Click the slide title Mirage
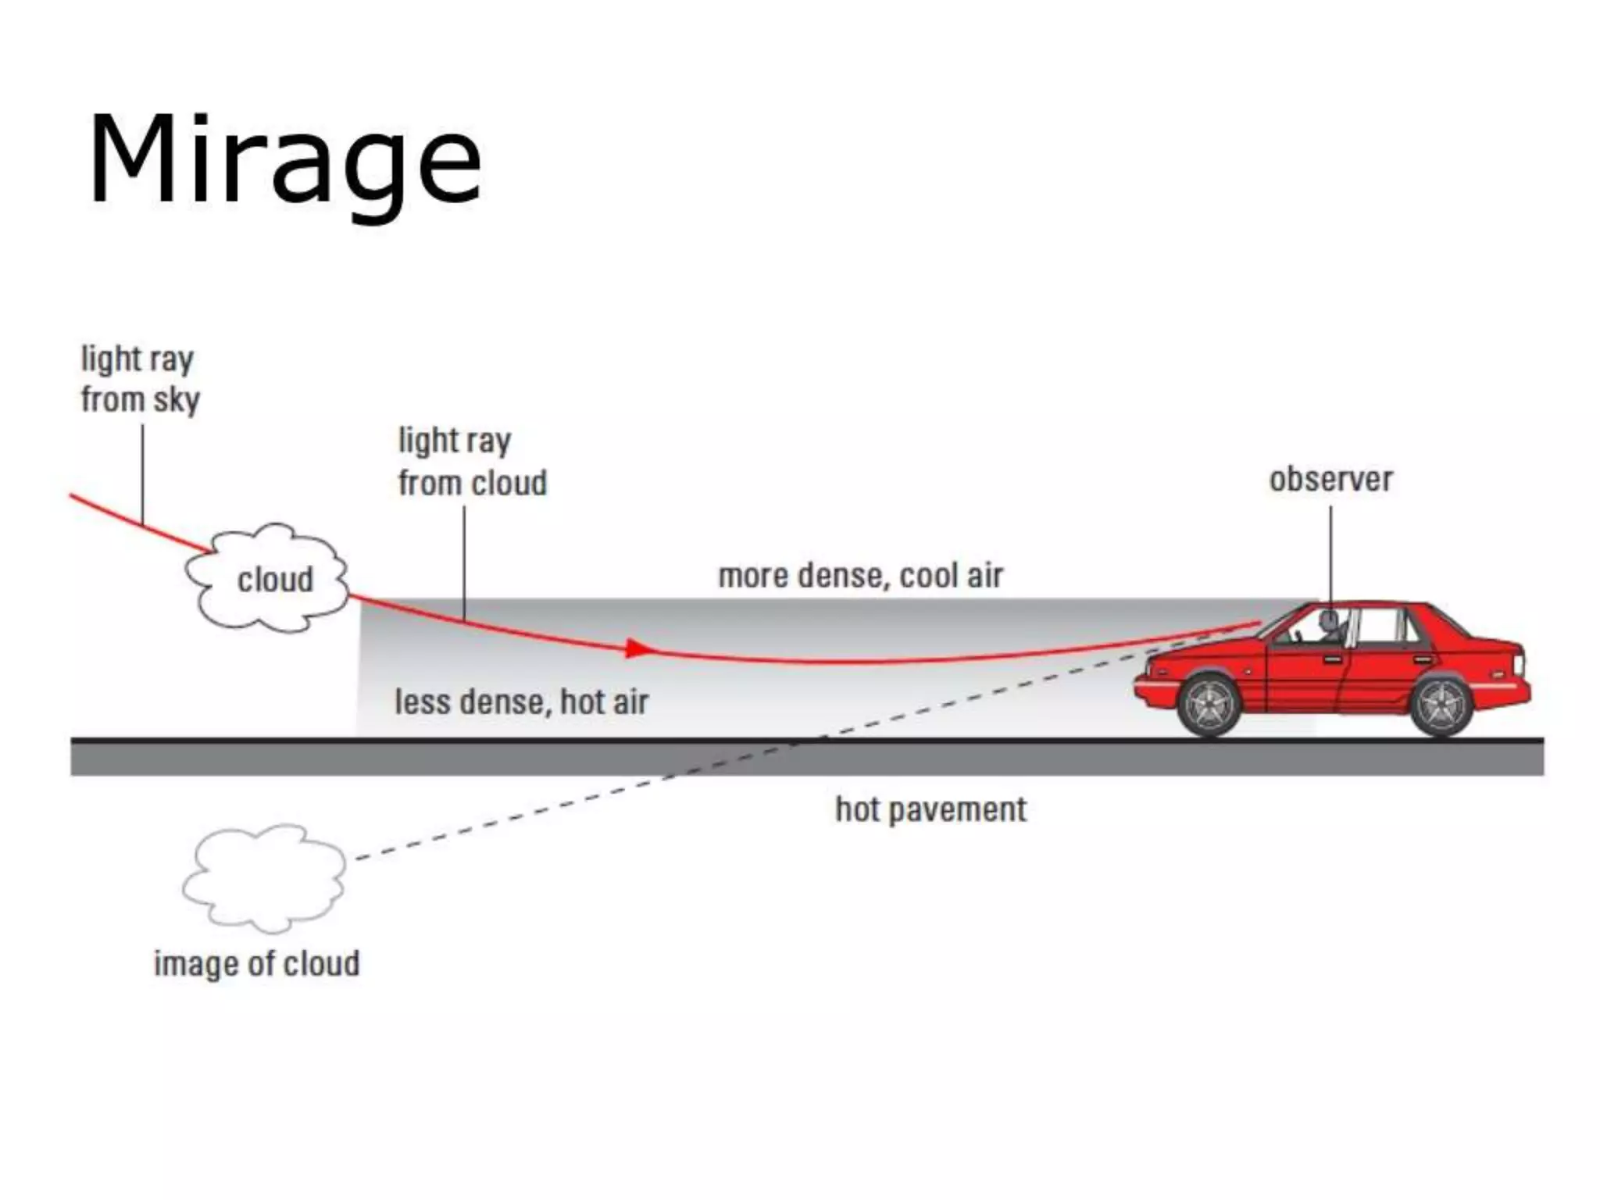pos(284,161)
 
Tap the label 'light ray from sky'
pos(140,380)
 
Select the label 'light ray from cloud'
pos(472,462)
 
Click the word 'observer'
pos(1330,479)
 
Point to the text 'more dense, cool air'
pos(860,576)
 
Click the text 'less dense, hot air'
pos(521,702)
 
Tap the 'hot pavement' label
pos(930,809)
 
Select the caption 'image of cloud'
pos(256,963)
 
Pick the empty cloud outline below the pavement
pos(264,878)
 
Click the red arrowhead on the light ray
pos(638,648)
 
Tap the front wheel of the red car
pos(1209,705)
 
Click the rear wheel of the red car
pos(1441,705)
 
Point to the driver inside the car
pos(1325,625)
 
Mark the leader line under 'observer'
pos(1330,555)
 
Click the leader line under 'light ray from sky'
pos(142,473)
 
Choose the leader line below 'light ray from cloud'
pos(465,562)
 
